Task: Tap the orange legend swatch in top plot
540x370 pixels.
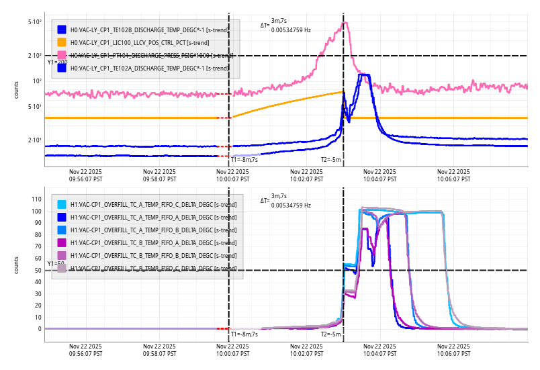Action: coord(62,42)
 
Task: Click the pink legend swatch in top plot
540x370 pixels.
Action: coord(62,55)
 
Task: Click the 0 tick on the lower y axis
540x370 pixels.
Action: coord(40,329)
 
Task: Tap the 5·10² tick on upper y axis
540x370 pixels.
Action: coord(35,23)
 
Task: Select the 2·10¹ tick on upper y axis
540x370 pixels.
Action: coord(35,140)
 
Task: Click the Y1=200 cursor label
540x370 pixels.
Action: coord(57,62)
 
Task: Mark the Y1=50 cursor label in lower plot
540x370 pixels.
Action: coord(55,264)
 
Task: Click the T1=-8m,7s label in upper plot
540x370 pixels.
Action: coord(244,160)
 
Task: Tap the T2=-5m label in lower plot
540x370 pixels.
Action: coord(330,334)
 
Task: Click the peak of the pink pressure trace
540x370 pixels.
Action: coord(345,23)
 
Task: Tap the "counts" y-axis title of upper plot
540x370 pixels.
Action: coord(17,90)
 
